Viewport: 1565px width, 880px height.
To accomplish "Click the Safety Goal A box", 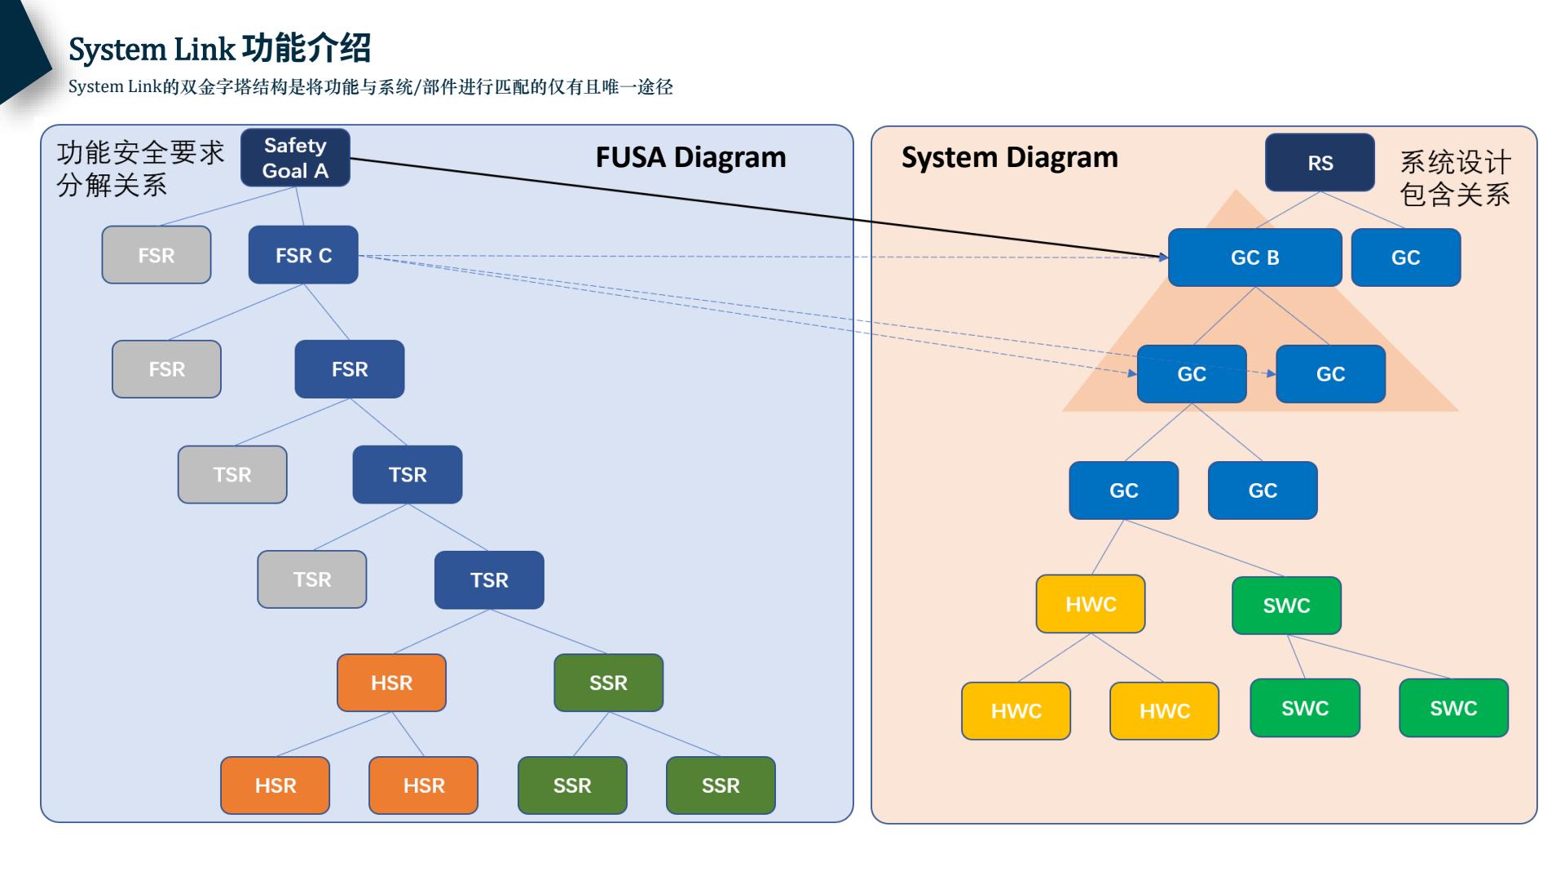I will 295,158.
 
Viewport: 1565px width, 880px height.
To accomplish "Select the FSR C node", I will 303,255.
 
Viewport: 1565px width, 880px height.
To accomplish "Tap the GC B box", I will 1254,257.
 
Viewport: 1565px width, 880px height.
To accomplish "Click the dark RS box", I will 1320,163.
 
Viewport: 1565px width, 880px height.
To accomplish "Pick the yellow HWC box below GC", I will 1091,604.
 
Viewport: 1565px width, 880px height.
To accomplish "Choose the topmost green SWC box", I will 1286,605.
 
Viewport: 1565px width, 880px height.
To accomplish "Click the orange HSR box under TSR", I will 391,683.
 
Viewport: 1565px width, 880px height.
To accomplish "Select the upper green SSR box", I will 608,683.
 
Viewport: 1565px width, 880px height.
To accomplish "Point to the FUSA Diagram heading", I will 690,157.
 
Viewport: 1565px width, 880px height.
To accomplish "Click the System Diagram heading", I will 1009,157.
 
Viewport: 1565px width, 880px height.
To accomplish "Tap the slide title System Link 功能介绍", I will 220,49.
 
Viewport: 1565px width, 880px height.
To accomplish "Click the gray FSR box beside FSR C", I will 156,255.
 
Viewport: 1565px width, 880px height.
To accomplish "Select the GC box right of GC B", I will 1405,257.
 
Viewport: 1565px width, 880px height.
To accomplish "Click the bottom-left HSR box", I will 276,785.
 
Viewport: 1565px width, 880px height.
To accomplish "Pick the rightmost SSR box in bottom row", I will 721,785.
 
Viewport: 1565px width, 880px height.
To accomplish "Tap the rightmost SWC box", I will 1453,708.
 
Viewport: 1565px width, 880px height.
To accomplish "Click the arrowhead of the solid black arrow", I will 1163,257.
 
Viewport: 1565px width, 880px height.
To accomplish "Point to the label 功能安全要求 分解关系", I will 139,169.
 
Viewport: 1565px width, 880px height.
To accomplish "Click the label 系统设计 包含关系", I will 1455,178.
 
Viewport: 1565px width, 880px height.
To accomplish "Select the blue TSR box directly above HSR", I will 489,580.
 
